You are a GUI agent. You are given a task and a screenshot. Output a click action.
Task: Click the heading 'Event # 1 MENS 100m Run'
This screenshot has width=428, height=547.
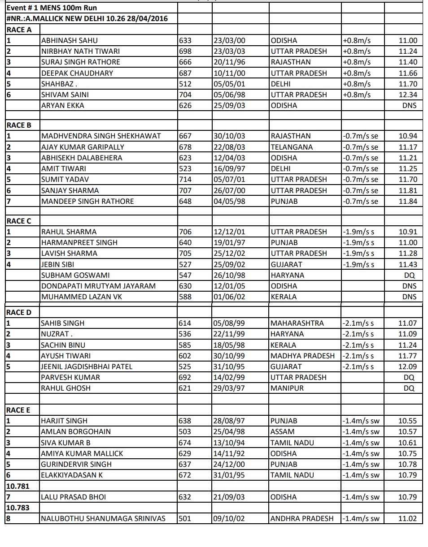(52, 8)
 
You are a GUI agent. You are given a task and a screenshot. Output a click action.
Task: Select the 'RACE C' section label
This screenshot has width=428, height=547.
(19, 221)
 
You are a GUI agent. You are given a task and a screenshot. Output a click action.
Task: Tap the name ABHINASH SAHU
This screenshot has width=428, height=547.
(69, 40)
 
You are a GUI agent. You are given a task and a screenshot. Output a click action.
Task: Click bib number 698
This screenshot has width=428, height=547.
(185, 51)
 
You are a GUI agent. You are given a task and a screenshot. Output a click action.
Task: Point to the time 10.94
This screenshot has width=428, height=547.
(407, 136)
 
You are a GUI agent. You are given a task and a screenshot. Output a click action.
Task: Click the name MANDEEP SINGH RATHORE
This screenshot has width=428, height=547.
(87, 201)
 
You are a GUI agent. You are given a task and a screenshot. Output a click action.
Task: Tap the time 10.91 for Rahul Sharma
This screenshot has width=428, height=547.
(407, 232)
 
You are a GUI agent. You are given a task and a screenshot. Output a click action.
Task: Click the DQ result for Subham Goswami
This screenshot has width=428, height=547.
(409, 275)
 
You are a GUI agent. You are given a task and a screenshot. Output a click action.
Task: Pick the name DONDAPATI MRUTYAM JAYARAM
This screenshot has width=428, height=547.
(98, 286)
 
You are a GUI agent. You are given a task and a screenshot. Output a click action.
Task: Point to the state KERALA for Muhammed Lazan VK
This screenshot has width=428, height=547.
(284, 297)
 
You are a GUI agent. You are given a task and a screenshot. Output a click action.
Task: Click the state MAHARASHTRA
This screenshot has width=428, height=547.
(297, 323)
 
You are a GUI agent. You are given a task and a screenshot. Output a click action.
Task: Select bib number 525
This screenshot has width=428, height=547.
(185, 366)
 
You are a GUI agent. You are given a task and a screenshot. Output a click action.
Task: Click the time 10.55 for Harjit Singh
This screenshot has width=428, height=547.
(407, 421)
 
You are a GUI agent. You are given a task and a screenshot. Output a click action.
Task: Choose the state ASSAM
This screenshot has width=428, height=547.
(283, 431)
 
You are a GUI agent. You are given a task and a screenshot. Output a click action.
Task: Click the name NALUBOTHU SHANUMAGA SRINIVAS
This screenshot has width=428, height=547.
(103, 519)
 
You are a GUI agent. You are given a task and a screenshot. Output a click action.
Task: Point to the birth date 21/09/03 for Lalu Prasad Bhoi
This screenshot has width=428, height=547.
(229, 497)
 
